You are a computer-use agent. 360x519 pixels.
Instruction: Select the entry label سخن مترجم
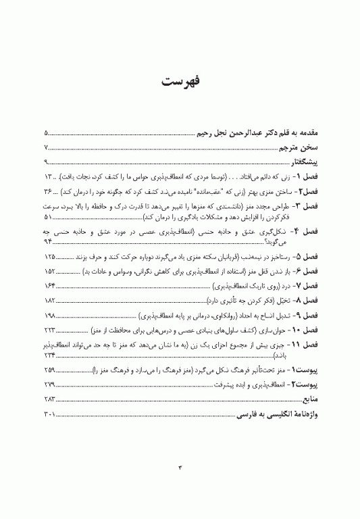coord(301,148)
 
